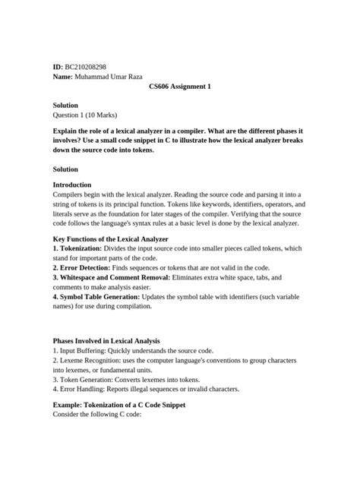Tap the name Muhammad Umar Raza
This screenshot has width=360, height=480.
click(109, 77)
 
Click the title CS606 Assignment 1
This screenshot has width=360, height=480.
click(179, 87)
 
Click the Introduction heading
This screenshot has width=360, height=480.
click(71, 185)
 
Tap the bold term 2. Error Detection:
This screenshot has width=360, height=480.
click(86, 268)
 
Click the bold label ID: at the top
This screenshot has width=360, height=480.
click(58, 67)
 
